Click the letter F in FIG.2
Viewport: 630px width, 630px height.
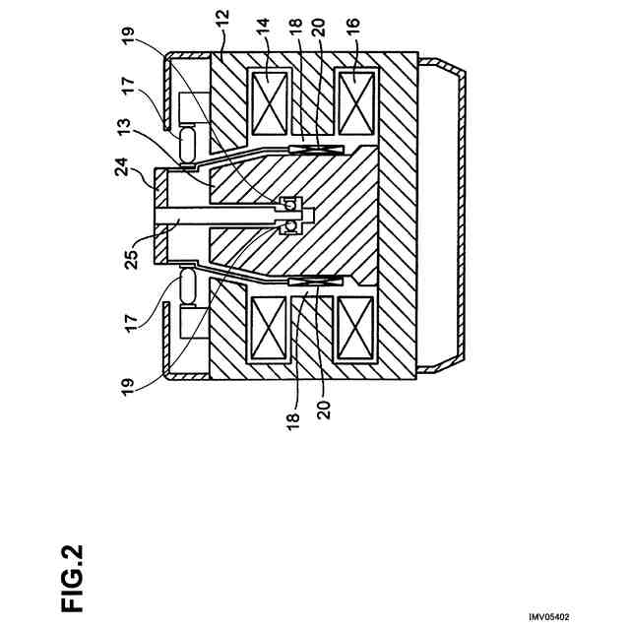(x=72, y=598)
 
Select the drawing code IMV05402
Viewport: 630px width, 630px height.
(x=548, y=616)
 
